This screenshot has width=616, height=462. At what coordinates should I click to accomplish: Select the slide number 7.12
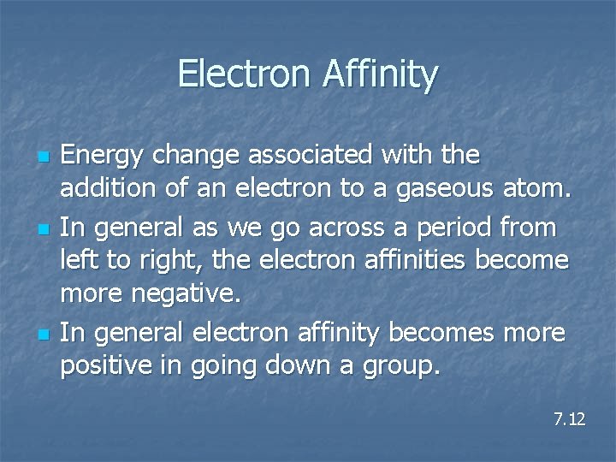click(569, 419)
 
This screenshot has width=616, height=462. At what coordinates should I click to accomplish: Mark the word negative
click(183, 294)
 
